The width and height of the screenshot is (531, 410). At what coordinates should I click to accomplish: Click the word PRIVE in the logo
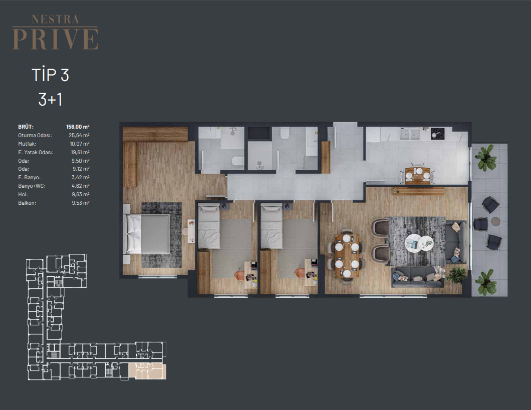(x=55, y=39)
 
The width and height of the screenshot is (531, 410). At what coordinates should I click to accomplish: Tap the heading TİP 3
(x=50, y=75)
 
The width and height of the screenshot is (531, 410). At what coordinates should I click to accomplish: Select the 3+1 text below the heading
(x=50, y=100)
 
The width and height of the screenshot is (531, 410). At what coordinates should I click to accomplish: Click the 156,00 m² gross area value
(x=78, y=127)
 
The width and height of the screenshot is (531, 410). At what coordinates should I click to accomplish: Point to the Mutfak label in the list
(x=27, y=144)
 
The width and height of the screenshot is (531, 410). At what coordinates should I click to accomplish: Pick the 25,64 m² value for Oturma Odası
(x=79, y=135)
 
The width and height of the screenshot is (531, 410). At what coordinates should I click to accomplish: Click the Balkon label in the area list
(x=27, y=203)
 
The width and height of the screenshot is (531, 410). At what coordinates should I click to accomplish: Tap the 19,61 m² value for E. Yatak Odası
(x=80, y=152)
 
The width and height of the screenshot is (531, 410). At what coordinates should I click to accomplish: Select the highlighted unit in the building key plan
(x=148, y=371)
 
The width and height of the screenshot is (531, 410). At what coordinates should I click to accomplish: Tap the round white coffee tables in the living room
(x=419, y=243)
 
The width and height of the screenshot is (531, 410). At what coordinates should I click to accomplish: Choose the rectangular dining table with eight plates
(x=347, y=256)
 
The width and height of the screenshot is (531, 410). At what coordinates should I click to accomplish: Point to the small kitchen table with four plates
(x=418, y=176)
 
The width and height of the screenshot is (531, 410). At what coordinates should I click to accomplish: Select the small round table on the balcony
(x=495, y=222)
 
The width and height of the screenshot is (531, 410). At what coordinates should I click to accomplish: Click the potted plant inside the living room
(x=456, y=274)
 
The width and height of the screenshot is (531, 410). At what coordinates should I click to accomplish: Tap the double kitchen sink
(x=410, y=134)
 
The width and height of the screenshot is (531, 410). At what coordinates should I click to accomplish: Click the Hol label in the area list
(x=23, y=195)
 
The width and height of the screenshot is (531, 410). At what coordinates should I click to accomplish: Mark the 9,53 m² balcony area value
(x=81, y=203)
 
